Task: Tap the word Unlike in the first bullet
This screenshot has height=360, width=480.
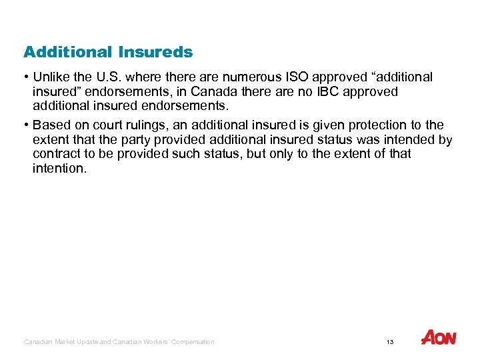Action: pyautogui.click(x=52, y=77)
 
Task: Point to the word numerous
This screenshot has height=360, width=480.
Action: pyautogui.click(x=236, y=77)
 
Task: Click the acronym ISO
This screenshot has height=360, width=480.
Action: pyautogui.click(x=285, y=77)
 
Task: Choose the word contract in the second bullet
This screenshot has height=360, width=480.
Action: pyautogui.click(x=54, y=154)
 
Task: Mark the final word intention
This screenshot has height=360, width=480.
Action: pyautogui.click(x=59, y=168)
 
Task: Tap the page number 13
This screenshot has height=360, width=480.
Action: pyautogui.click(x=390, y=342)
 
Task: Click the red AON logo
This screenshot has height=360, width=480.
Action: pyautogui.click(x=439, y=338)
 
